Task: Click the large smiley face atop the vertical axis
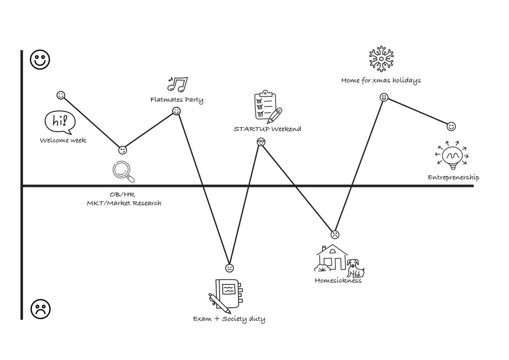(40, 60)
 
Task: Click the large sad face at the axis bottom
(41, 309)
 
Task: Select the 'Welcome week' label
(63, 140)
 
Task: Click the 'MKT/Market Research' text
(124, 203)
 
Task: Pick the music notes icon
(177, 84)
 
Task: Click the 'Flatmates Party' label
(176, 100)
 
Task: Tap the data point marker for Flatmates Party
(176, 111)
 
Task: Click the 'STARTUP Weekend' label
(267, 129)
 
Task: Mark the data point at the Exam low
(229, 268)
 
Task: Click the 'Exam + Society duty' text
(229, 319)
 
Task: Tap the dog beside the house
(355, 268)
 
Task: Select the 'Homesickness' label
(338, 280)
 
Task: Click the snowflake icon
(381, 59)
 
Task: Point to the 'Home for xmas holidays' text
(381, 80)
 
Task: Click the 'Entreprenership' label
(453, 178)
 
